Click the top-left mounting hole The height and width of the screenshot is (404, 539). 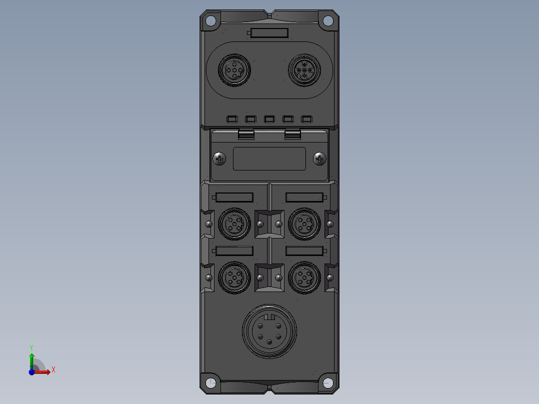coord(211,20)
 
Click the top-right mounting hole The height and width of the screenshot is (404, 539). coord(327,20)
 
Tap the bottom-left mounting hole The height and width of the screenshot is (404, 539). coord(211,383)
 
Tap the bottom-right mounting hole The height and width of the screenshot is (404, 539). coord(327,383)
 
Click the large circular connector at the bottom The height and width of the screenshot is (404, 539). coord(269,331)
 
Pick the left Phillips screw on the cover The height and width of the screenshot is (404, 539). coord(219,159)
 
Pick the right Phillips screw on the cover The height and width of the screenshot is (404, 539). coord(319,159)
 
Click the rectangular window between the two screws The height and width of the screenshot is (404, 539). coord(269,158)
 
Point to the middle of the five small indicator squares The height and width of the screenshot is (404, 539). coord(269,119)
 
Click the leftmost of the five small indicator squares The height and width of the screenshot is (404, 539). coord(232,119)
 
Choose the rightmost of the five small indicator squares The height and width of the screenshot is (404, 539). coord(306,119)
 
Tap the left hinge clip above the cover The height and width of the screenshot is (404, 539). coord(246,133)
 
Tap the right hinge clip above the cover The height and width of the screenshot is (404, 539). coord(292,133)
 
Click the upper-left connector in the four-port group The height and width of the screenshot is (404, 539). coord(234,223)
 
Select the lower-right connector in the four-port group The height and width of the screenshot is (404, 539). coord(304,276)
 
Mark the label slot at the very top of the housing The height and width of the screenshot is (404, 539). coord(269,33)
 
